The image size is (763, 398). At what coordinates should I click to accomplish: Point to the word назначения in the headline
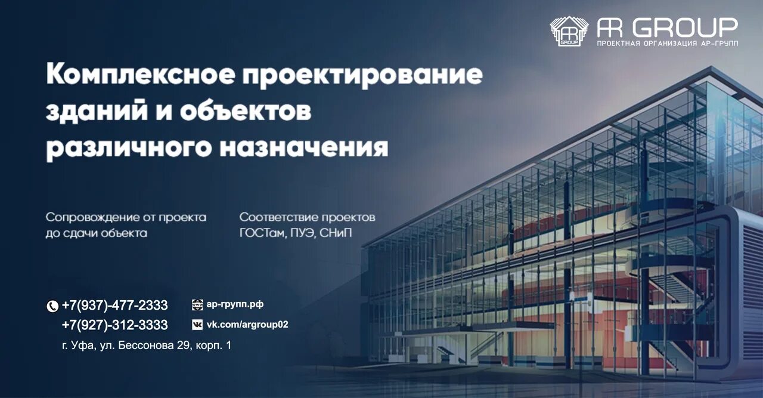(x=304, y=147)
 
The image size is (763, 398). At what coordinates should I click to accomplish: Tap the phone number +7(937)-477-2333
(x=114, y=306)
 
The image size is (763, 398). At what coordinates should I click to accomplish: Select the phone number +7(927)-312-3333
(x=114, y=325)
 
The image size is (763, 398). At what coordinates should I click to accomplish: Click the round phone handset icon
(x=52, y=306)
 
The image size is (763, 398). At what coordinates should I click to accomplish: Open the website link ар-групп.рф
(x=235, y=304)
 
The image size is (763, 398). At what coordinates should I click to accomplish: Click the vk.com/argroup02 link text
(x=247, y=325)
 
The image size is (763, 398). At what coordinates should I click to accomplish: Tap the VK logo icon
(x=197, y=325)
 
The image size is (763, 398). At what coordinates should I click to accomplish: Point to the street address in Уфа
(x=146, y=345)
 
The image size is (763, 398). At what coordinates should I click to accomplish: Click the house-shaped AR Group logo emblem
(x=569, y=31)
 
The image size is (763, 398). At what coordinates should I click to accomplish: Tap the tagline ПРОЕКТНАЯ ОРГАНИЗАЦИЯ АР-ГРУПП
(x=668, y=44)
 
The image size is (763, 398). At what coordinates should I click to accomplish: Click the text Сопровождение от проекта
(x=126, y=217)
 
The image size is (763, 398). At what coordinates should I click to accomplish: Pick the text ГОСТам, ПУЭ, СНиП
(x=296, y=233)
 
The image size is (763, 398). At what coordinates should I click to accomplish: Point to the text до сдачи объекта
(x=96, y=233)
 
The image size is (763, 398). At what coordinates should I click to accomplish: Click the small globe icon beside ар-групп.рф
(x=197, y=305)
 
